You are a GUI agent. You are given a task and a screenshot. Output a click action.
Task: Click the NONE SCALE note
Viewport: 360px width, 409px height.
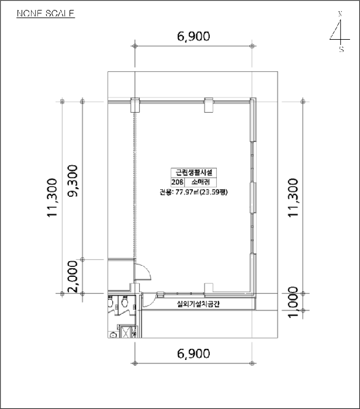point(46,13)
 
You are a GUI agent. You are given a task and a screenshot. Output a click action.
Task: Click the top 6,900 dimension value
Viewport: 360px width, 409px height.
point(193,37)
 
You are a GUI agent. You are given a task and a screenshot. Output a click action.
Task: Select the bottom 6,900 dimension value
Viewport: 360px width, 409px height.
point(193,353)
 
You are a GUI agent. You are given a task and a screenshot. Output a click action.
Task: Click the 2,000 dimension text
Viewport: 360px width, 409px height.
point(74,276)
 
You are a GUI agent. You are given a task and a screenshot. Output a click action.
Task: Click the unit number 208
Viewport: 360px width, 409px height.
point(177,182)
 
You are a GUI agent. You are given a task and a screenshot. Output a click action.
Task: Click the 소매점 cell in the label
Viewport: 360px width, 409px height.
point(200,182)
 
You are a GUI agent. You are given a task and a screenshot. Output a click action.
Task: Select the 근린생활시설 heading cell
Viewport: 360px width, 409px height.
point(193,172)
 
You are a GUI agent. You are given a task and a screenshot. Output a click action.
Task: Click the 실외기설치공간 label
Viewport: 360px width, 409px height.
point(198,304)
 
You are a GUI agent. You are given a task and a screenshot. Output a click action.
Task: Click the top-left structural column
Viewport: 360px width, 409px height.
point(134,105)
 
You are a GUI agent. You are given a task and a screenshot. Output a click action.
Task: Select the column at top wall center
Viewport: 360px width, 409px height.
point(209,105)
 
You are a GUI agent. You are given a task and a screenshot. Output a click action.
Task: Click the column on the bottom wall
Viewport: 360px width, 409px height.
point(208,288)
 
